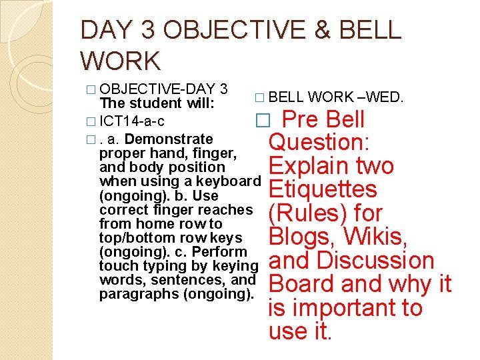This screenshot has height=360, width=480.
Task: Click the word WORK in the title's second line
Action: tap(121, 61)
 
